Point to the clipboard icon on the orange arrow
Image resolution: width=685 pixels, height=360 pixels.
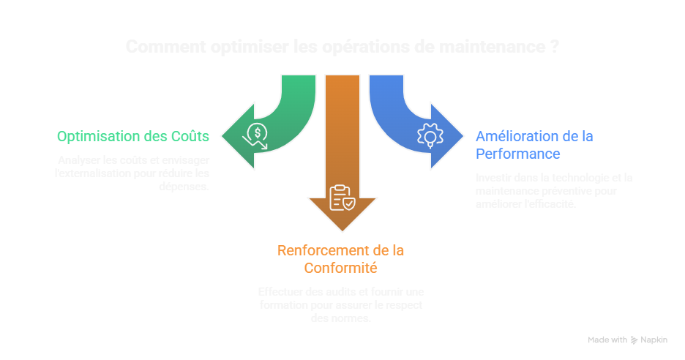point(342,198)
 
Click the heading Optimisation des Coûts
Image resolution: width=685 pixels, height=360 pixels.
point(133,136)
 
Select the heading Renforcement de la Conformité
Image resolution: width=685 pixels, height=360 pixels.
point(341,259)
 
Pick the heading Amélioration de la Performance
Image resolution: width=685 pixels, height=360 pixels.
point(534,145)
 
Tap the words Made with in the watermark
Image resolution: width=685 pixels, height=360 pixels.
point(607,340)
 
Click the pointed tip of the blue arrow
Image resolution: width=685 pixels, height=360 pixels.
point(464,135)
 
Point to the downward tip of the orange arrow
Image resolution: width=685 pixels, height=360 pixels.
point(342,231)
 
